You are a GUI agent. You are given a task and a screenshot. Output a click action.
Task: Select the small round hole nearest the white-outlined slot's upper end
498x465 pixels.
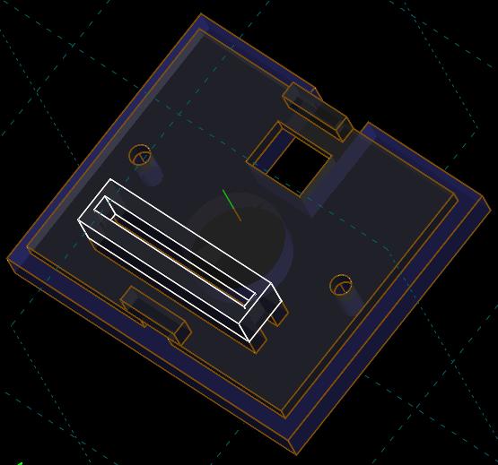(x=140, y=156)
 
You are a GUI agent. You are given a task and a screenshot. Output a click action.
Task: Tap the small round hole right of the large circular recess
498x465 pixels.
(x=340, y=286)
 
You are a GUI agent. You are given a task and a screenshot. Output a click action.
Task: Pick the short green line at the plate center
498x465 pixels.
(x=232, y=203)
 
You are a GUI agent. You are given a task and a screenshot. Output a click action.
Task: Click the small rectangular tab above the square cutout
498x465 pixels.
(x=316, y=110)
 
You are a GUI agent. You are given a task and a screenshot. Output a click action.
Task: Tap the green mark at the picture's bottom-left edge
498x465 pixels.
(x=17, y=462)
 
